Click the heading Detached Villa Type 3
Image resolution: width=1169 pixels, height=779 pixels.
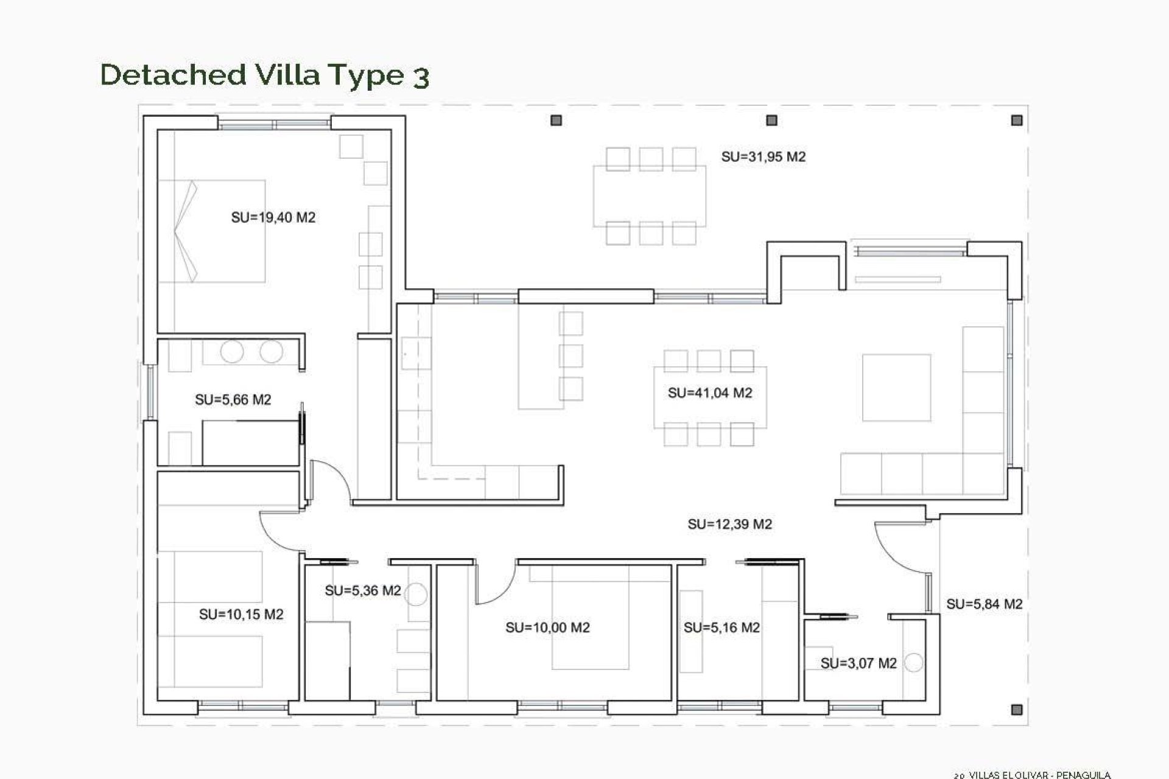(265, 75)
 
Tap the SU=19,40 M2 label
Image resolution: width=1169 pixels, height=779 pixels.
(273, 218)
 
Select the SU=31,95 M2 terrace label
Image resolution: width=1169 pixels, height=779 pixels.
(764, 157)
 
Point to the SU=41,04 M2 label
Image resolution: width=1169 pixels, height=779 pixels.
(710, 393)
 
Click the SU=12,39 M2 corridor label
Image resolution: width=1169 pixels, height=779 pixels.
(730, 525)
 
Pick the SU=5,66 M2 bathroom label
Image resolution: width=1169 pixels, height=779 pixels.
(233, 400)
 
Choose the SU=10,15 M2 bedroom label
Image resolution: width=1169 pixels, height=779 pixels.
(241, 615)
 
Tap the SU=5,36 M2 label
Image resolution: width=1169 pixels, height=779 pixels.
(363, 591)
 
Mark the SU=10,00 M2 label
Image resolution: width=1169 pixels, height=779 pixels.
(548, 628)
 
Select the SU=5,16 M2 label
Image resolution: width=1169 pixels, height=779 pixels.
(721, 628)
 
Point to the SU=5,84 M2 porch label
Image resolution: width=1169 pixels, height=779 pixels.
(985, 604)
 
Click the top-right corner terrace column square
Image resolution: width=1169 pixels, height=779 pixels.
(1017, 121)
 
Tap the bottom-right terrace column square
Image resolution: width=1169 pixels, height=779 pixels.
(1016, 710)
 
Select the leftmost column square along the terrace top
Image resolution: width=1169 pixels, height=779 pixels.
(556, 121)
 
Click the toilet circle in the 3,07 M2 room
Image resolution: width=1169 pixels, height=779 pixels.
(913, 663)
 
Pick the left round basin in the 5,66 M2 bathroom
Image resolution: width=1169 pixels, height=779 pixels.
(232, 352)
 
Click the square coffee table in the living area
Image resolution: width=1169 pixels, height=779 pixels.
(896, 388)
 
